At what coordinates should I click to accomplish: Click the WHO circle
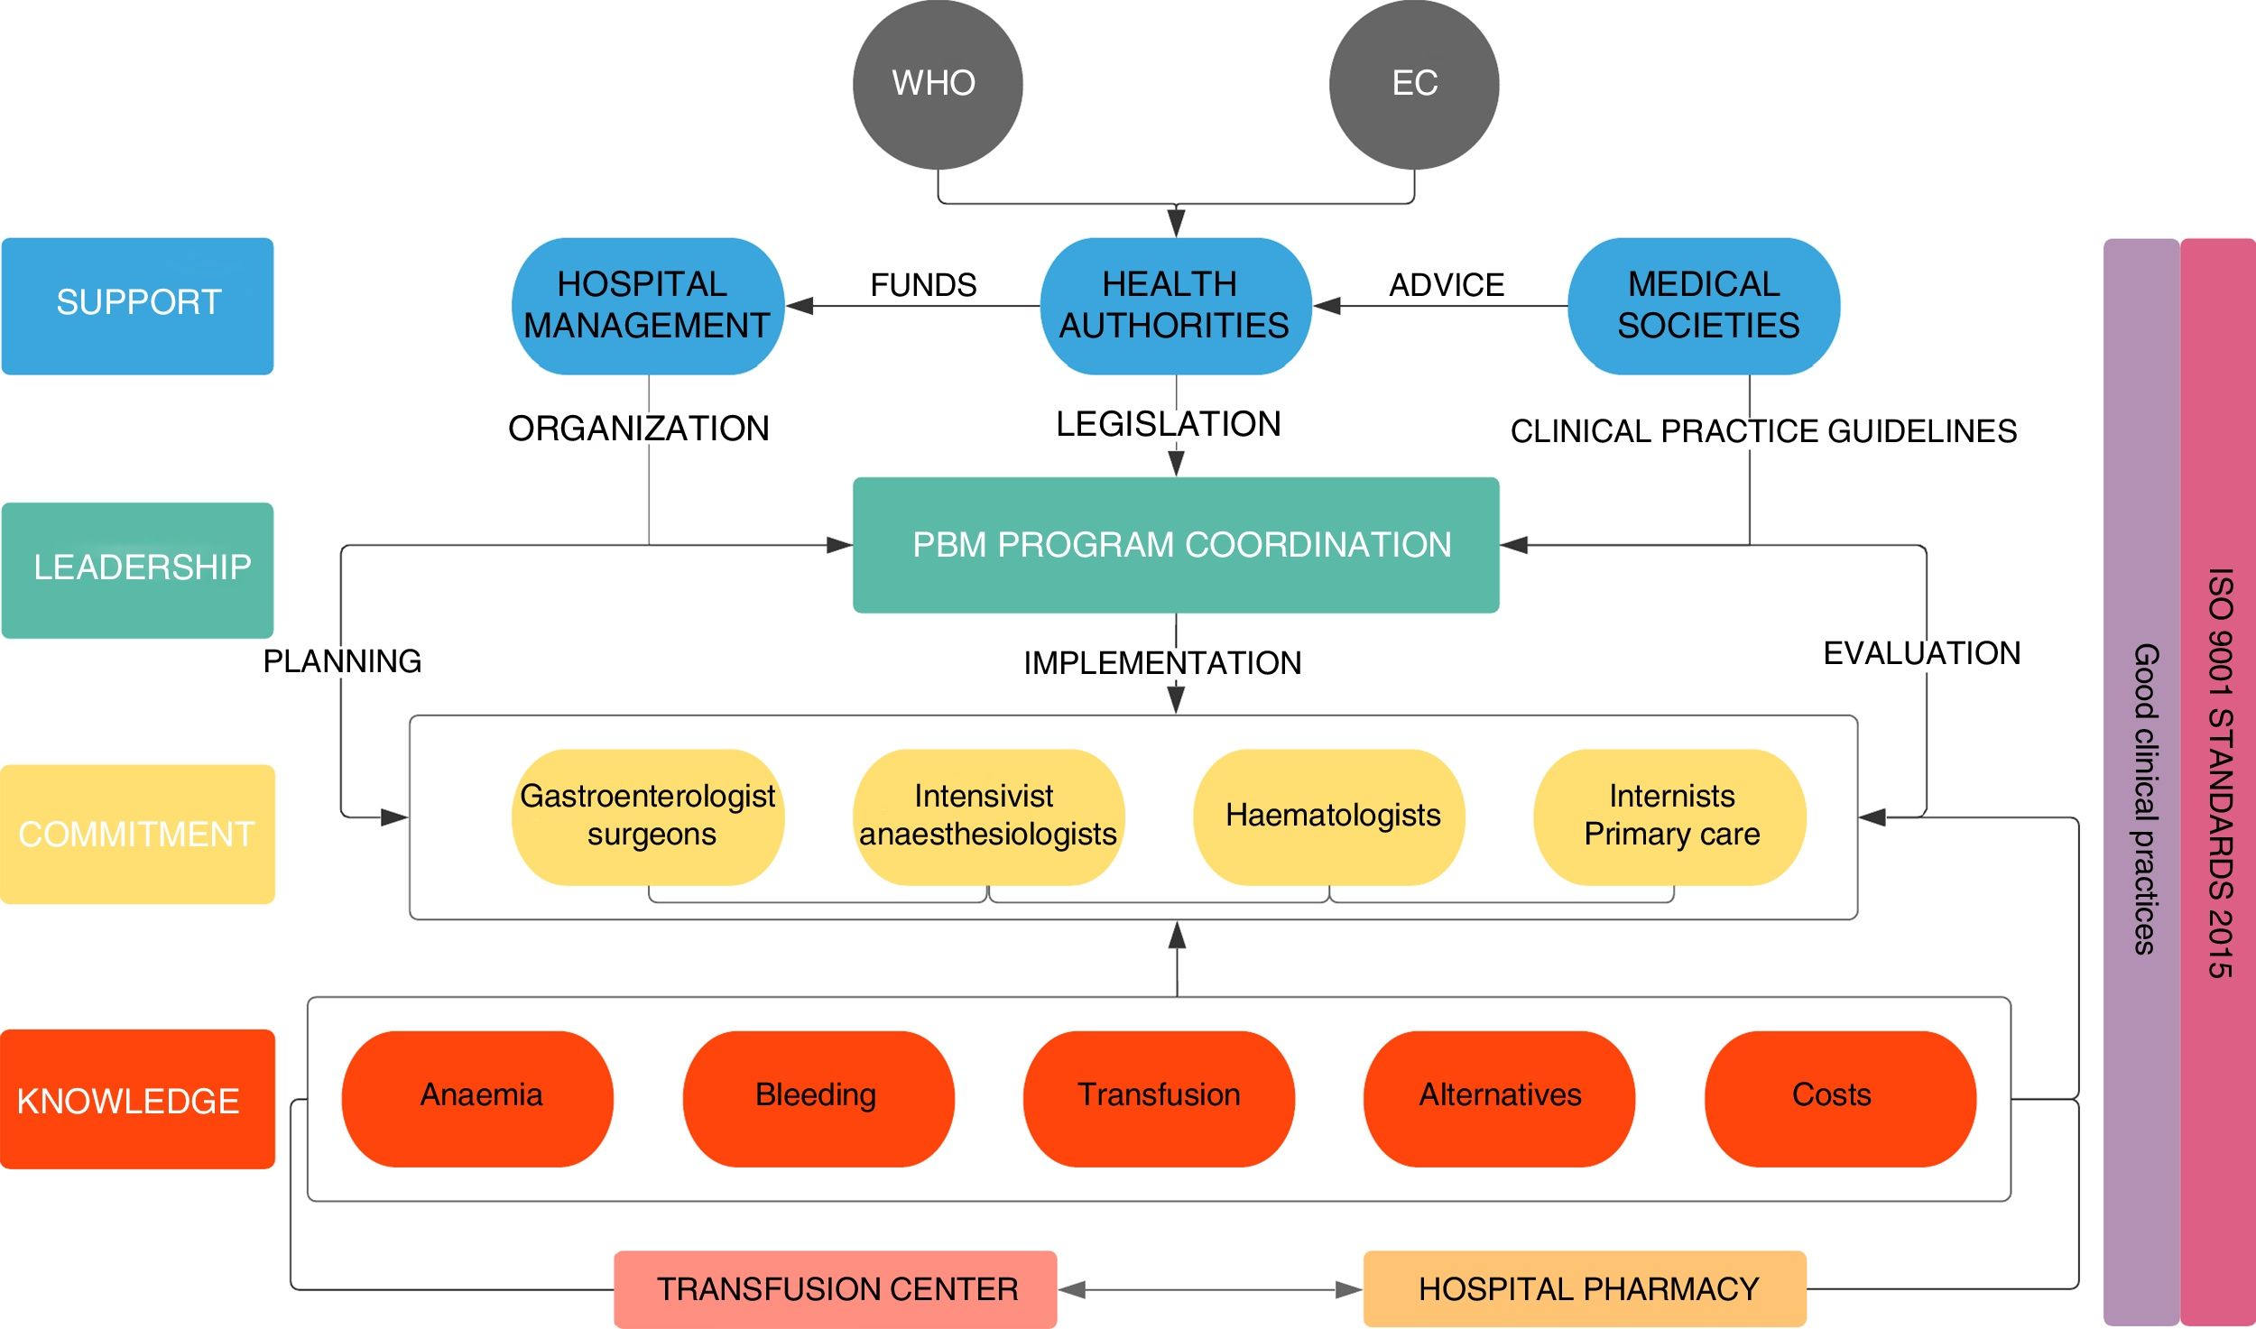tap(938, 84)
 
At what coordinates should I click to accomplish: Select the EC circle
tap(1414, 84)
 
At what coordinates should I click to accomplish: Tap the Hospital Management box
tap(648, 306)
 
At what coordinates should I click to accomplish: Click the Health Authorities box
tap(1175, 306)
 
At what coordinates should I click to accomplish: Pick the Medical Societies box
tap(1704, 306)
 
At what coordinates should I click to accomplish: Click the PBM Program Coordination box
tap(1176, 545)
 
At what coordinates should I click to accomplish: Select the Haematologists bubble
tap(1329, 817)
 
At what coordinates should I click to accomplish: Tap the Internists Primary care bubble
tap(1669, 817)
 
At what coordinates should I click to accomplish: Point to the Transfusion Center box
tap(836, 1288)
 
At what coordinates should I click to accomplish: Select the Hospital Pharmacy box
tap(1585, 1288)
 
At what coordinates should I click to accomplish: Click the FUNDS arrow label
tap(923, 285)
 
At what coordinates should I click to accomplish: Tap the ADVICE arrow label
tap(1446, 285)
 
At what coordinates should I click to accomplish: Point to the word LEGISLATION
tap(1168, 424)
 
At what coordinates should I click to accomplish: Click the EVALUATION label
tap(1921, 653)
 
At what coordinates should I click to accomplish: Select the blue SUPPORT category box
tap(137, 306)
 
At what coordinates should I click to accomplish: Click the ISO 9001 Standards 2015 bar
tap(2218, 781)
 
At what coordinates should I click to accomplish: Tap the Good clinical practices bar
tap(2141, 781)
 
